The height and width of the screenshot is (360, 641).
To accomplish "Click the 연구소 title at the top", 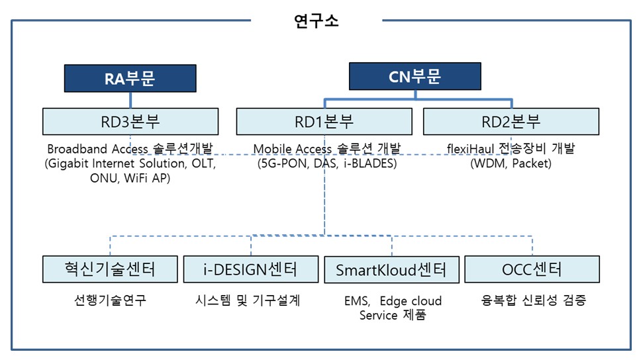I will click(316, 20).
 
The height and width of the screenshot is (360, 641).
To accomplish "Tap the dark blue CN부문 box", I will click(415, 77).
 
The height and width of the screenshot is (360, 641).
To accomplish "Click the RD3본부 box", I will click(130, 121).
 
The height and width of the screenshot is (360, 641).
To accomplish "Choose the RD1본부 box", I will click(324, 121).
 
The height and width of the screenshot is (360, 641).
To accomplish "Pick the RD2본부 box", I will click(511, 121).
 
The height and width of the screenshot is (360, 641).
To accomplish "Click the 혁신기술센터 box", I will click(110, 269).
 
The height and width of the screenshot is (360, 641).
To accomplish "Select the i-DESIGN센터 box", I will click(250, 269).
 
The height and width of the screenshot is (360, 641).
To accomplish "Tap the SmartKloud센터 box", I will click(391, 269).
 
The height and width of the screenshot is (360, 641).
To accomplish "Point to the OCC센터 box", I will click(532, 269).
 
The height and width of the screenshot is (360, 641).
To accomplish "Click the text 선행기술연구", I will click(110, 300).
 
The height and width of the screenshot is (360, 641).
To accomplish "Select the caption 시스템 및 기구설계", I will click(250, 300).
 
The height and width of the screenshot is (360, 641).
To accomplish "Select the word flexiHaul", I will click(471, 149).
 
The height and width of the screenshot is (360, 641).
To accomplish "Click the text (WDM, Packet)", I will click(511, 163).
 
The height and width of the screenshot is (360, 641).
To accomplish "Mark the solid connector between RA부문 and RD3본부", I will click(130, 100).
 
